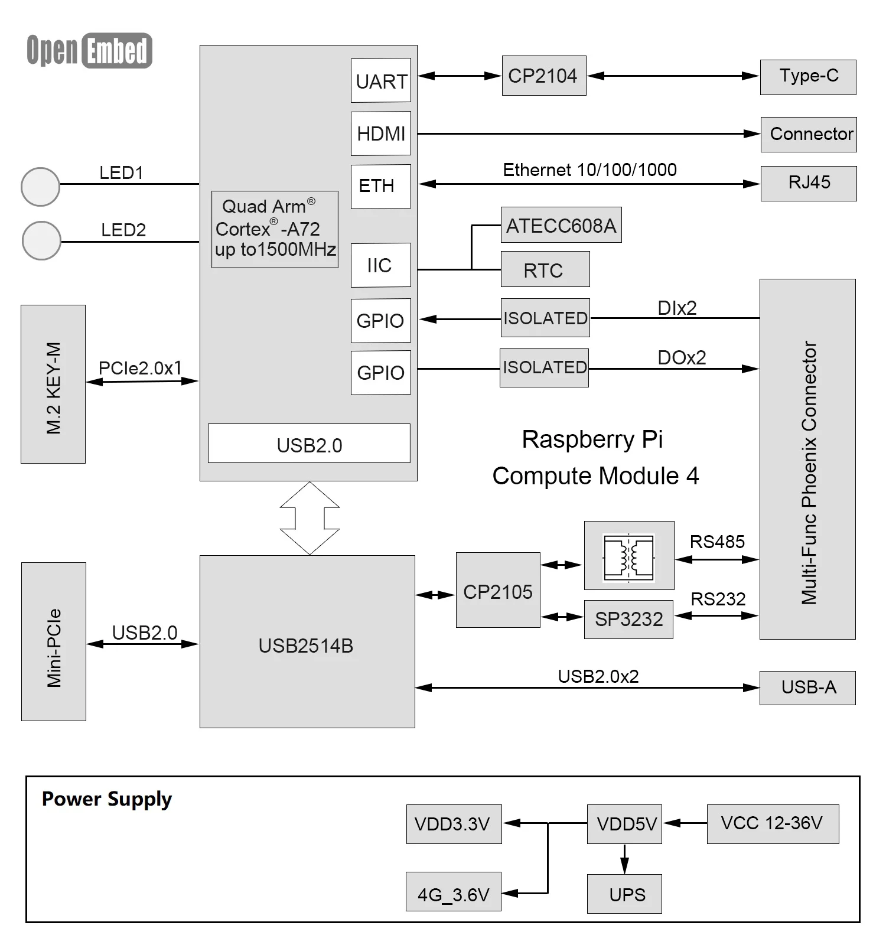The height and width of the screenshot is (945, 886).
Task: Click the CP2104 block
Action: [544, 76]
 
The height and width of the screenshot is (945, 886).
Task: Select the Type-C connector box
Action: [807, 77]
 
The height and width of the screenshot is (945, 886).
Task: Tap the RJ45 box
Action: [808, 183]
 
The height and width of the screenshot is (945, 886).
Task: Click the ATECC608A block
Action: [561, 224]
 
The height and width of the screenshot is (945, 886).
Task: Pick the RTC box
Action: [545, 269]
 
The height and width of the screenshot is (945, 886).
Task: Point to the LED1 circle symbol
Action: [40, 187]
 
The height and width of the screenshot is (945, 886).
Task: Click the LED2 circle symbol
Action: [41, 240]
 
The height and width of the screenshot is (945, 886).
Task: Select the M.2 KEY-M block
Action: [53, 384]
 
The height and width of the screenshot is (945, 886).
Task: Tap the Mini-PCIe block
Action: [54, 641]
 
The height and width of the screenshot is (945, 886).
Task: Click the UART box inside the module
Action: [380, 80]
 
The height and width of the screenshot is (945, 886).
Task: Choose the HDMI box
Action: [380, 133]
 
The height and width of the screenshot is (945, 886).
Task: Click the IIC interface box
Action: [380, 265]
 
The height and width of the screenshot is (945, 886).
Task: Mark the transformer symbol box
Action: [628, 555]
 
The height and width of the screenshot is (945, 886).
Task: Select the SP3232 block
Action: [628, 620]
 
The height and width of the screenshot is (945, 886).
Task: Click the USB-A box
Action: [807, 687]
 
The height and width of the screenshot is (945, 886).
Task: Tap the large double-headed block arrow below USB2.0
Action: [310, 518]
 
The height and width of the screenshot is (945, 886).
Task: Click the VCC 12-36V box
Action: [772, 823]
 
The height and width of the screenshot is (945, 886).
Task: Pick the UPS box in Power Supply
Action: [624, 894]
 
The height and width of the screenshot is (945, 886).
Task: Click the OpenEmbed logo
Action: [89, 50]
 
